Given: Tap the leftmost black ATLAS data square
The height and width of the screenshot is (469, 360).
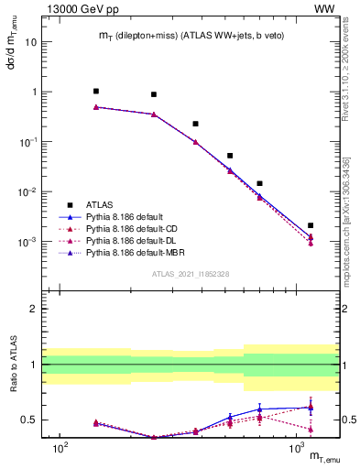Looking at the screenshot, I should [96, 92].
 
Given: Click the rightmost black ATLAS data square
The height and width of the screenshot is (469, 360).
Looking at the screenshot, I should [311, 225].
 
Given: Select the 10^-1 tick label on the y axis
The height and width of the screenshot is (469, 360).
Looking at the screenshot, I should [29, 142].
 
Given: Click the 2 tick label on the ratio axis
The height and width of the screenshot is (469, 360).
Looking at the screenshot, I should [34, 309].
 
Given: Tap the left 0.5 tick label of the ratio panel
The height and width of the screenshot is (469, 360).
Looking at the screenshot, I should [30, 420].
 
